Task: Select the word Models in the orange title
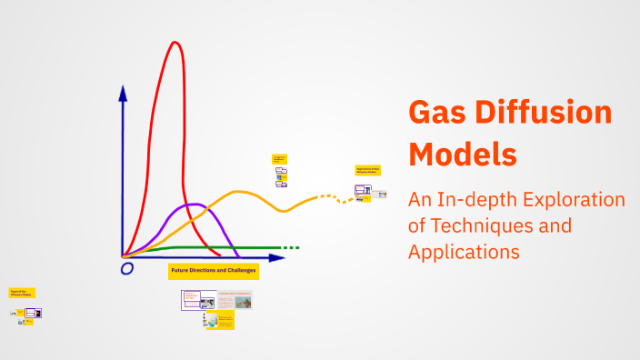(x=463, y=152)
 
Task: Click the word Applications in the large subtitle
(x=464, y=251)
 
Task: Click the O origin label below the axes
(x=126, y=269)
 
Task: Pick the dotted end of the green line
(x=290, y=247)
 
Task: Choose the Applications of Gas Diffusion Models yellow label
(x=368, y=170)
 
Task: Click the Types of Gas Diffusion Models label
(x=22, y=293)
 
